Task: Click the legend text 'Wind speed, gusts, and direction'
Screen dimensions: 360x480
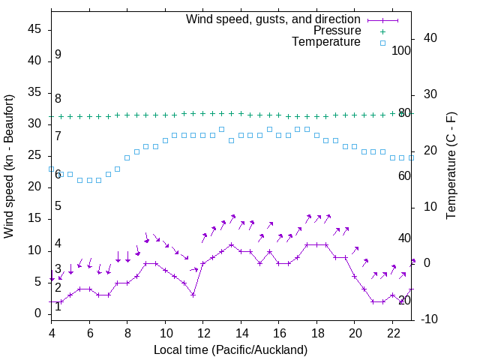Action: [273, 19]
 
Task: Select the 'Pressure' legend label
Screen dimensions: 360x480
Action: [337, 31]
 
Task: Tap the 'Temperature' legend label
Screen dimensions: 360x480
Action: [326, 43]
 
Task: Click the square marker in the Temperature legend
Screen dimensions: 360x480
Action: [382, 43]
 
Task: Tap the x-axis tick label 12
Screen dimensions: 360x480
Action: [203, 333]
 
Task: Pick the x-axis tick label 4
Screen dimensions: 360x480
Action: [52, 333]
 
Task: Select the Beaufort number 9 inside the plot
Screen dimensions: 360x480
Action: [58, 55]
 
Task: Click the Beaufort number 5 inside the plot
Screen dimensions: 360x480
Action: [58, 206]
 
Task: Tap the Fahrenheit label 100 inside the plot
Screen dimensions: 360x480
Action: [401, 50]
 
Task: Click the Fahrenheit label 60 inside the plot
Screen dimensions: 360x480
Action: [404, 175]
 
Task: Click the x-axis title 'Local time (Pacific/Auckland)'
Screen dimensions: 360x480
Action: [231, 349]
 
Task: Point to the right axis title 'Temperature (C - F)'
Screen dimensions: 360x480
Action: [451, 166]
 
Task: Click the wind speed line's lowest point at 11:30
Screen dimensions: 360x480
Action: [193, 295]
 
